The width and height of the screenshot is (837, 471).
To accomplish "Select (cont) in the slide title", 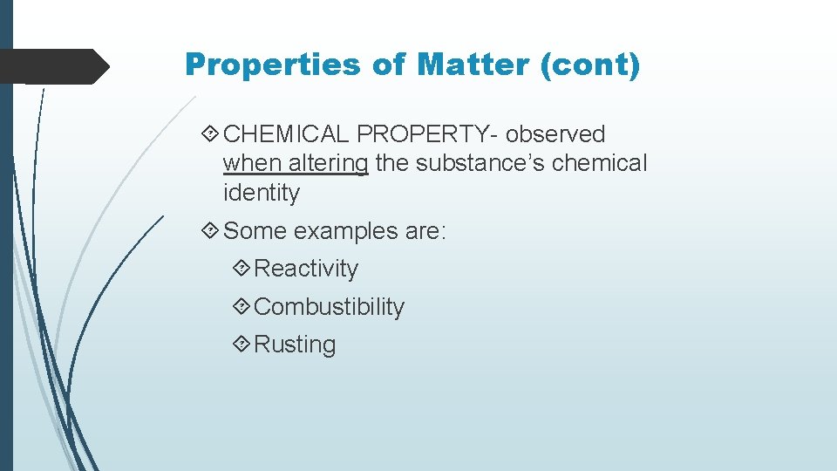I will [590, 65].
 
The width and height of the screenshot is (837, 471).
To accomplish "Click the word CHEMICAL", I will [286, 134].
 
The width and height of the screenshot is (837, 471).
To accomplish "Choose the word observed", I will [555, 134].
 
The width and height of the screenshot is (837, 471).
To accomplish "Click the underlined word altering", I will [329, 164].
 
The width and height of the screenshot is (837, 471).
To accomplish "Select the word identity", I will [261, 193].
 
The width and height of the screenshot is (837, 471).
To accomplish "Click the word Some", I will [255, 231].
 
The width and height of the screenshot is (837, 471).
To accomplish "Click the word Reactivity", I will [306, 269].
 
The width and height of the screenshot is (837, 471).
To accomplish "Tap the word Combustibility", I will [330, 307].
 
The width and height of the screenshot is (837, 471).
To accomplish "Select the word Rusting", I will [295, 345].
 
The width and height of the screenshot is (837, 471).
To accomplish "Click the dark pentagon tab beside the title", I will [52, 66].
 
